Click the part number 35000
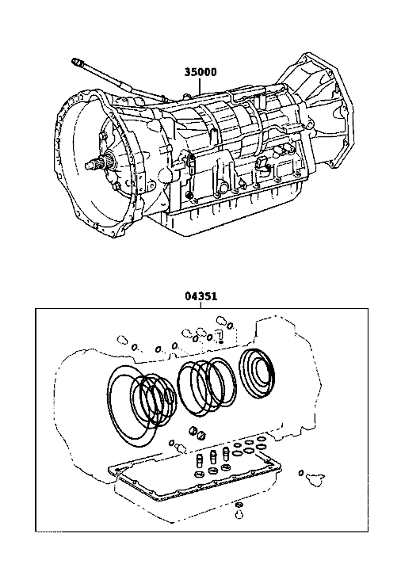[200, 71]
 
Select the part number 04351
[201, 296]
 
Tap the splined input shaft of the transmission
[100, 163]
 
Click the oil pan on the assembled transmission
[232, 212]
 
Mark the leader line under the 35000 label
[200, 86]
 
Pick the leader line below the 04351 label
[201, 305]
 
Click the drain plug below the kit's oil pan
[239, 515]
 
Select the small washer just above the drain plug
[238, 505]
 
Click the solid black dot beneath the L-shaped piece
[221, 342]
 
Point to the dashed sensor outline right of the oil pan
[315, 477]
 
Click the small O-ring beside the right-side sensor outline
[301, 473]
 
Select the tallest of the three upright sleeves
[226, 453]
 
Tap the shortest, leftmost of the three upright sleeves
[199, 460]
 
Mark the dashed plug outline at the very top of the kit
[220, 321]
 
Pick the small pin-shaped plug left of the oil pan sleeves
[181, 446]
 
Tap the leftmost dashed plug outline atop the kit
[122, 340]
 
